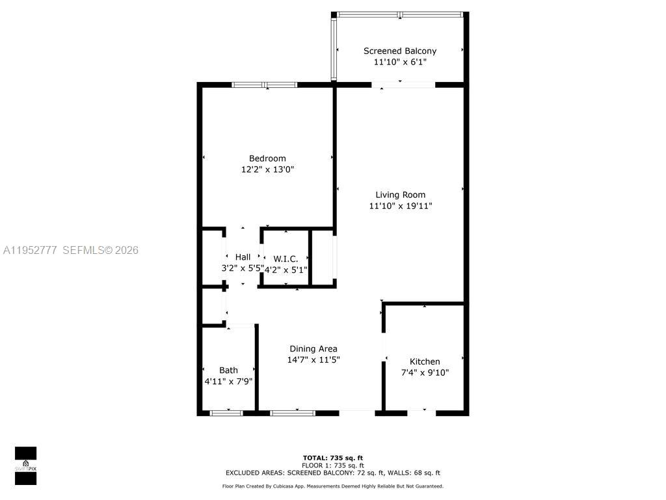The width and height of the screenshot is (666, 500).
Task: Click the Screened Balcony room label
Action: pos(399,51)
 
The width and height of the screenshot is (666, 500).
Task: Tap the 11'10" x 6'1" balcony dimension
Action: pos(399,62)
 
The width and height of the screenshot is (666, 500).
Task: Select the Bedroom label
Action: pos(267,158)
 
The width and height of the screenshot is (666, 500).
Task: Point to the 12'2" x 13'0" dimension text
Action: pos(267,169)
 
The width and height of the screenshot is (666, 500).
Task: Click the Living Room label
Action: pos(400,195)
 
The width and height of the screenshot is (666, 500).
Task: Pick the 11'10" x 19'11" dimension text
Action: pos(400,206)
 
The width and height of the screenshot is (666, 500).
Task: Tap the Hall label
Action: pos(243,257)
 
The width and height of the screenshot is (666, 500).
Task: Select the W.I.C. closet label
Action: pos(286,259)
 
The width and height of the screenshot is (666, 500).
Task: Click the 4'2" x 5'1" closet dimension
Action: pos(286,269)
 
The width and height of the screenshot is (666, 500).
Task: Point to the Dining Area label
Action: pos(313,348)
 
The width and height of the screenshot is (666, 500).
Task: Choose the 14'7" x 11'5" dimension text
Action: pos(313,359)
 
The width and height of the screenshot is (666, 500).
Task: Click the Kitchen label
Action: pos(425,361)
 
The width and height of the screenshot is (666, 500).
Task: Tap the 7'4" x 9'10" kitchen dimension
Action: pos(425,372)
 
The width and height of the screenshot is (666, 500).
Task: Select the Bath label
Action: pos(228,370)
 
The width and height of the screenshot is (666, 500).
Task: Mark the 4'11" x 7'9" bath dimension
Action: pos(228,381)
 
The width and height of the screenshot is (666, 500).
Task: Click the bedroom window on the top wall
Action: pos(265,85)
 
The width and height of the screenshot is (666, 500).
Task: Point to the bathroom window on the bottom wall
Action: pos(226,413)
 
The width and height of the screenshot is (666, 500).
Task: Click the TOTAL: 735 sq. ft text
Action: pos(332,457)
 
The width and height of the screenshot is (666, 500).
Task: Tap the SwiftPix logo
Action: pos(25,465)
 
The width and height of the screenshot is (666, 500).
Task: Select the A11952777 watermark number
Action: pos(31,250)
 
